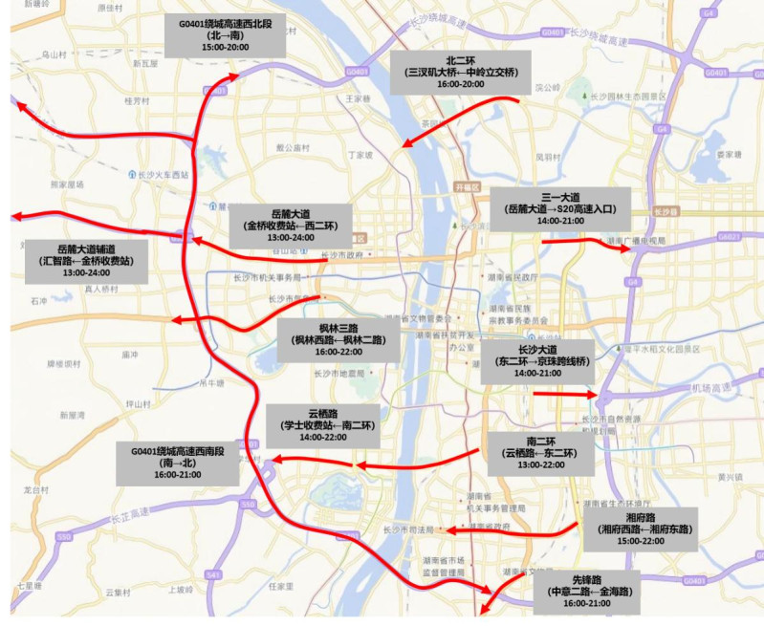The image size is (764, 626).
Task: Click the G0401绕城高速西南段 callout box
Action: tap(177, 461)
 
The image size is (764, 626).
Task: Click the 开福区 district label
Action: tap(465, 186)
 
